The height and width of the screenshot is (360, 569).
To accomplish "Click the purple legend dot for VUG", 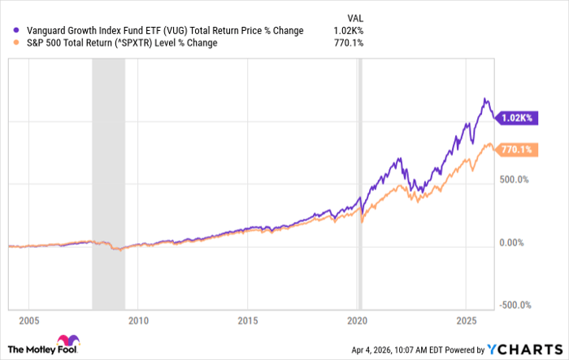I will pos(8,31).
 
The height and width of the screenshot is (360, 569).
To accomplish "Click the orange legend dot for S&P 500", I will pos(8,43).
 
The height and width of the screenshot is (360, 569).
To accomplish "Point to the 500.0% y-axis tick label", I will pos(515,180).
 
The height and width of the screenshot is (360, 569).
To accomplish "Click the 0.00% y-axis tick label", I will pos(512,243).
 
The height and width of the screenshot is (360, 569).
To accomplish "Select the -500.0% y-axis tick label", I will pos(514,306).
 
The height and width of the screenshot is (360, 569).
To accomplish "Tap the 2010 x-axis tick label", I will pos(138,319).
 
